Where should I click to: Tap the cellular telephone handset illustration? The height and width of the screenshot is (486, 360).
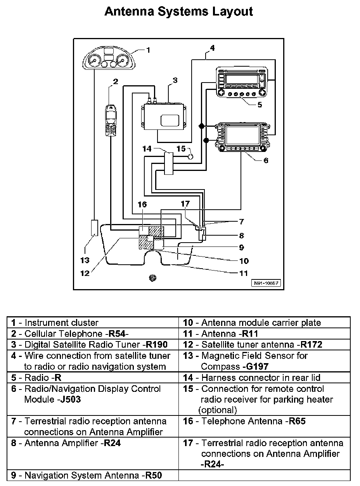112,120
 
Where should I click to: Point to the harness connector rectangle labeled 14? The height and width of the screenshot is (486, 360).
168,163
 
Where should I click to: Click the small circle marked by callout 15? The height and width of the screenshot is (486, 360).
191,157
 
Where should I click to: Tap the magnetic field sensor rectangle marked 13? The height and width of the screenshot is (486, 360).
94,227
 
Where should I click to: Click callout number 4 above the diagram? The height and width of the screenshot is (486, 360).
212,48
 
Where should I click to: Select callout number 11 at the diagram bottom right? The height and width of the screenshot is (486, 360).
243,273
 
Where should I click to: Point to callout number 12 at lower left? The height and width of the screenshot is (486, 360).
85,273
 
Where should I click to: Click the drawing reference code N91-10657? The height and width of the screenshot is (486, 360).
267,283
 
